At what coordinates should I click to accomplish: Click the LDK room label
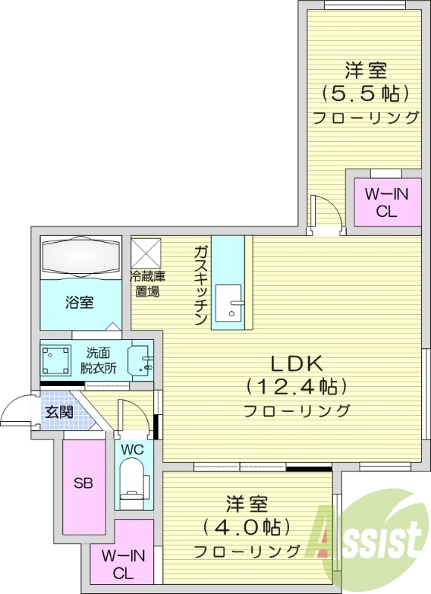coord(295,364)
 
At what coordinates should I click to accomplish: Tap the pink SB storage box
coord(82,483)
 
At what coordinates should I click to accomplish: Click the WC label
coord(132,450)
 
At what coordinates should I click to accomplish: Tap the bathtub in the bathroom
coord(80,256)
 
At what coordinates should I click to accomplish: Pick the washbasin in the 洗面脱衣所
coord(140,361)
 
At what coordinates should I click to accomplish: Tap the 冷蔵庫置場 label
coord(148,284)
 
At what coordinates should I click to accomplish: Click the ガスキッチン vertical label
coord(200,286)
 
